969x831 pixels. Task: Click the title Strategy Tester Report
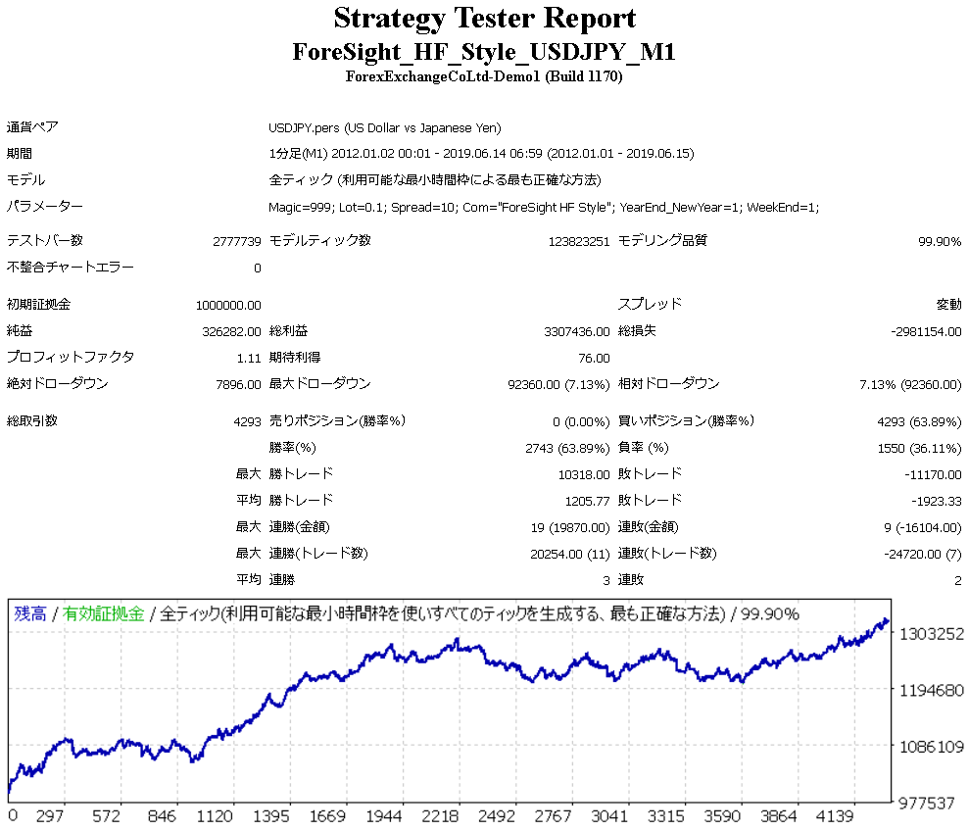coord(484,19)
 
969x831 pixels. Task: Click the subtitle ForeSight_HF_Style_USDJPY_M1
coord(484,51)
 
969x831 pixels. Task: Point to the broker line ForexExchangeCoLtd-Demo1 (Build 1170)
coord(484,76)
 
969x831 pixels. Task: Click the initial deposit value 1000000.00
coord(228,305)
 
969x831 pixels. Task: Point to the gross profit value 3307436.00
coord(576,331)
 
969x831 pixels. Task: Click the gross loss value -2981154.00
coord(926,331)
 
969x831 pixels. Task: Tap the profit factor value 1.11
coord(250,358)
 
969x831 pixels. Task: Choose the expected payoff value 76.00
coord(594,358)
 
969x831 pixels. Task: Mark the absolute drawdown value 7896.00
coord(238,384)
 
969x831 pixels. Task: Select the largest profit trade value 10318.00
coord(583,474)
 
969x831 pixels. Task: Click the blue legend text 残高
coord(29,614)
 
